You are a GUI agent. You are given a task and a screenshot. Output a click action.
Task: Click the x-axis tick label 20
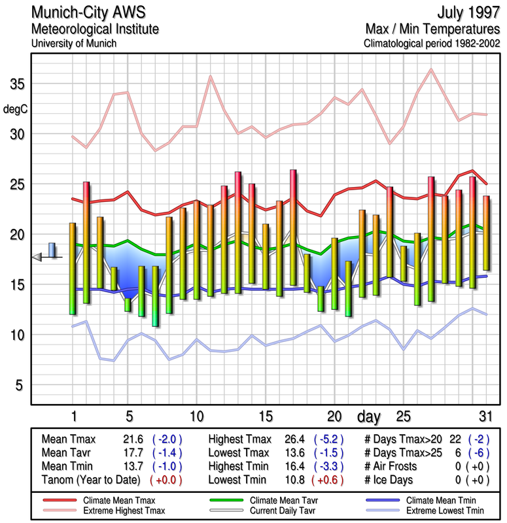pyautogui.click(x=334, y=416)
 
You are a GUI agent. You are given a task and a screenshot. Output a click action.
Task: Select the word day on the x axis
pyautogui.click(x=370, y=416)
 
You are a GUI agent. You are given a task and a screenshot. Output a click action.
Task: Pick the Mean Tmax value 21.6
pyautogui.click(x=133, y=439)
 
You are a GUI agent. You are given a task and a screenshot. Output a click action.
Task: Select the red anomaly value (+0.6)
pyautogui.click(x=329, y=479)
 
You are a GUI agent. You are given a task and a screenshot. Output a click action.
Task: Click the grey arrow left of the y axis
pyautogui.click(x=38, y=258)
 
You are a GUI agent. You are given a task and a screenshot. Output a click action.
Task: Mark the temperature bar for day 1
pyautogui.click(x=72, y=269)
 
